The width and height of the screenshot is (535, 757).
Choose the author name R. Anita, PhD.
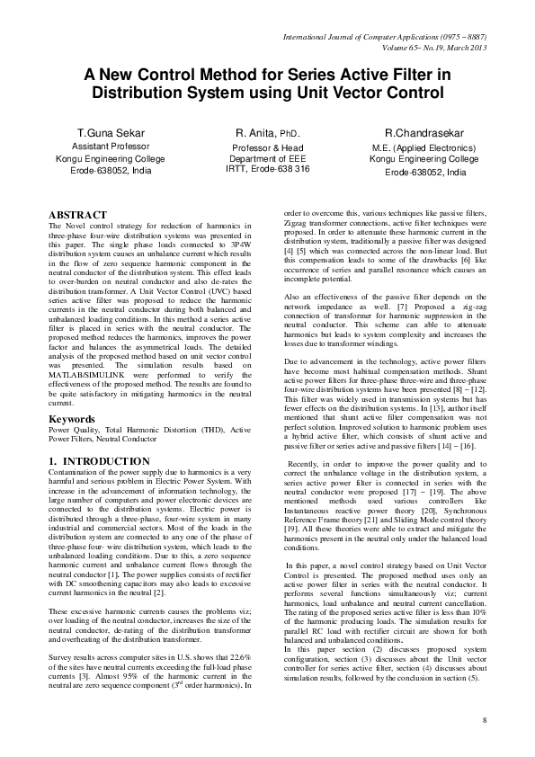[267, 133]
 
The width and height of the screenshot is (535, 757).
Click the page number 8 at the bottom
[484, 720]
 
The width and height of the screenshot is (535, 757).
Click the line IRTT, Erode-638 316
[267, 168]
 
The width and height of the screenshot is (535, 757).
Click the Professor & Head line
[267, 147]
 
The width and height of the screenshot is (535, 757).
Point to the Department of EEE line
[267, 157]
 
